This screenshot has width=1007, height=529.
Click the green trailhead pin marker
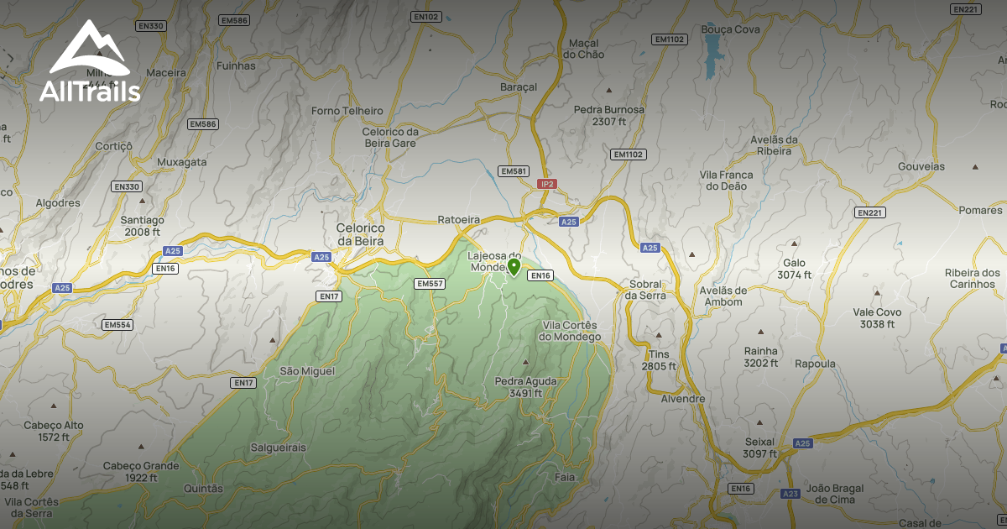[x=514, y=267]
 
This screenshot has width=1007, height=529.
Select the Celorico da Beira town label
[x=360, y=234]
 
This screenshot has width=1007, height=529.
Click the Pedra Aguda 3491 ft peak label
[x=526, y=386]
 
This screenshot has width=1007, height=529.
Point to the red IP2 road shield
[x=547, y=183]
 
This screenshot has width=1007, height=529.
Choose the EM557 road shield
[x=429, y=284]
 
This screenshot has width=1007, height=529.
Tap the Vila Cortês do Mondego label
[x=571, y=331]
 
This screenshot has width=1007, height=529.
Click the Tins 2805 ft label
[x=659, y=360]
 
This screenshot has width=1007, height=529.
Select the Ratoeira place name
[x=459, y=220]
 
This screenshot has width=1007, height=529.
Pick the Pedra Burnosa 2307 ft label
[x=609, y=115]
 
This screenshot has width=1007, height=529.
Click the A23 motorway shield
[x=790, y=495]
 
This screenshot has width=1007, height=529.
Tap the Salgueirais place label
[x=279, y=448]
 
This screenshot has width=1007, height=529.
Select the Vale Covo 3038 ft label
[x=877, y=317]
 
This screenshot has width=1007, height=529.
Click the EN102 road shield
[x=426, y=16]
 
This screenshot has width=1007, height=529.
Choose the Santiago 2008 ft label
[x=142, y=226]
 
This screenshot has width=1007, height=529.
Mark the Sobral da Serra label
[x=646, y=290]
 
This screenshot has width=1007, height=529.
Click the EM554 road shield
[x=117, y=324]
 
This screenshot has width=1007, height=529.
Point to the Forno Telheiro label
[x=347, y=111]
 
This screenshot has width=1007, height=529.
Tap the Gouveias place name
[x=921, y=167]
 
